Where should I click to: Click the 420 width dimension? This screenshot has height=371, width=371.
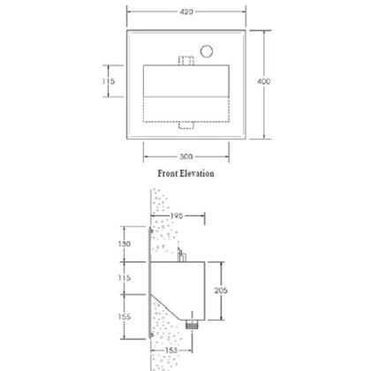[x=186, y=11]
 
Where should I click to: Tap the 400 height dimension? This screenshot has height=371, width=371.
[x=263, y=81]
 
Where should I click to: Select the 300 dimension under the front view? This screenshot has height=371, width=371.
[x=186, y=156]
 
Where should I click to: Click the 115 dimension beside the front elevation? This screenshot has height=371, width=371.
[x=109, y=81]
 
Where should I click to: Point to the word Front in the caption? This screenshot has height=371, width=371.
[x=167, y=173]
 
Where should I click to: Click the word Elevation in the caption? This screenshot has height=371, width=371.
[x=197, y=173]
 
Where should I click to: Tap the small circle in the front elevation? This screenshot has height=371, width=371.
[x=207, y=51]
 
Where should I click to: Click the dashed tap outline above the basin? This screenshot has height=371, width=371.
[x=186, y=60]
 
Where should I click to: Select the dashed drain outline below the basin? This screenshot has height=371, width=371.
[x=186, y=125]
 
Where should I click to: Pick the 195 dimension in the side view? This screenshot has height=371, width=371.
[x=177, y=216]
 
